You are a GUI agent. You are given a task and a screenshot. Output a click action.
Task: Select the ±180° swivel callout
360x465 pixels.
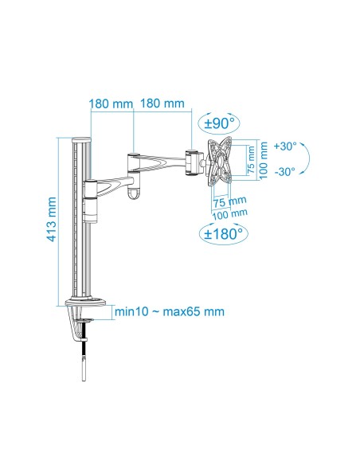coord(222,234)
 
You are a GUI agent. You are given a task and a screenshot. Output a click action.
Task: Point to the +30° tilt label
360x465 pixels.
coord(284,147)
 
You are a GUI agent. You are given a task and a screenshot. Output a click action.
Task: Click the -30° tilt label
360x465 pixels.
coord(284,170)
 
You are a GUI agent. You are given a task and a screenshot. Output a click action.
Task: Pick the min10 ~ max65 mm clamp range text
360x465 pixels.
coord(168,311)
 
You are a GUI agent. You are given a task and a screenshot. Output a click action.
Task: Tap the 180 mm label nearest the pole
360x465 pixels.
coord(112,104)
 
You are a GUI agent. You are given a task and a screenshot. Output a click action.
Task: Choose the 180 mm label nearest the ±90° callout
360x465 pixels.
coord(162,104)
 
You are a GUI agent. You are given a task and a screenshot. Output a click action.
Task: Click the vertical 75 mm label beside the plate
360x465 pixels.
coord(251,160)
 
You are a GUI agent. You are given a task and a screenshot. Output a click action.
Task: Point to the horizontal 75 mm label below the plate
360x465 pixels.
coord(231,201)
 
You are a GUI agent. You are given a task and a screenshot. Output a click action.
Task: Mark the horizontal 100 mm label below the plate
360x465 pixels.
coord(231,212)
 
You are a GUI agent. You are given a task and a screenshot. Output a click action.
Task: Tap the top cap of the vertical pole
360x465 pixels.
coord(80,140)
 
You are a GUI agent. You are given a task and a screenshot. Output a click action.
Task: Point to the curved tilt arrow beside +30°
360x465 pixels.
coord(311,158)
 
